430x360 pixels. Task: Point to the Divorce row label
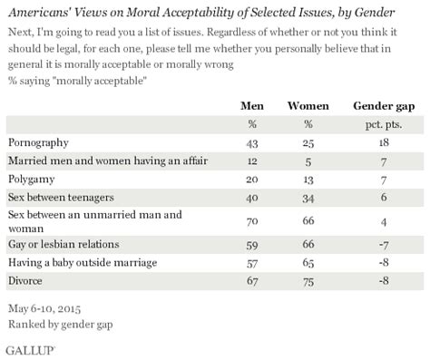pyautogui.click(x=27, y=280)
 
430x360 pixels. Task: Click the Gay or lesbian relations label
pyautogui.click(x=61, y=244)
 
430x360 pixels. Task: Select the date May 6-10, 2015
pyautogui.click(x=45, y=307)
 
